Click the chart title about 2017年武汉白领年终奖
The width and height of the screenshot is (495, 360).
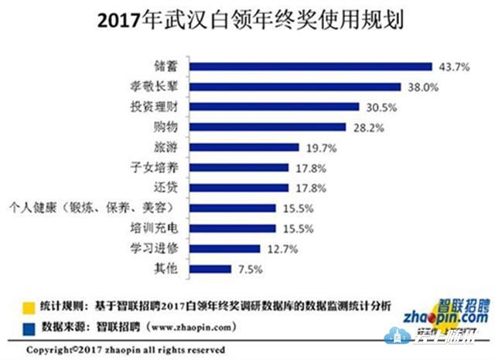pos(247,19)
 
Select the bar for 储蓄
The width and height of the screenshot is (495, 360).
pos(310,66)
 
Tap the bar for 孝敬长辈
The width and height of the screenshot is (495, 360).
pos(295,86)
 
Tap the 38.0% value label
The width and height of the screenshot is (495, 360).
pos(422,87)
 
